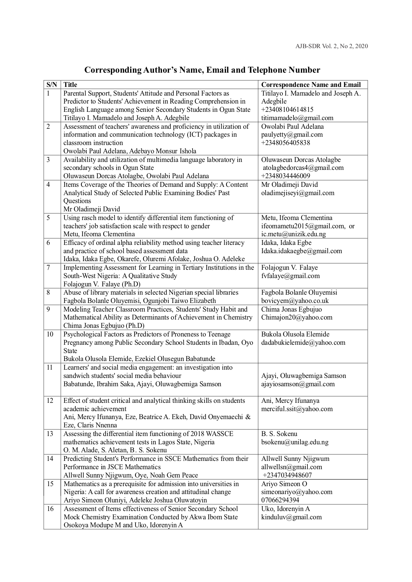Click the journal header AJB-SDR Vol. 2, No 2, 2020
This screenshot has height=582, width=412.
331,46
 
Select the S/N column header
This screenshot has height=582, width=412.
52,85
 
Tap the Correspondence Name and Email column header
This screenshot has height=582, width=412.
311,85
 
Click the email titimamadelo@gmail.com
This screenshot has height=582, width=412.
297,118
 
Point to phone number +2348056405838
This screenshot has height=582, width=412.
286,143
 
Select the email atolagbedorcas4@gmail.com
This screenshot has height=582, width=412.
303,168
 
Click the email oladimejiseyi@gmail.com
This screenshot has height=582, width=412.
297,193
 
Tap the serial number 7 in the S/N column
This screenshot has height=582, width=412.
48,267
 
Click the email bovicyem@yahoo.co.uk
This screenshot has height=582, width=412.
295,301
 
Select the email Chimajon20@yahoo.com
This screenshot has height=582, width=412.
296,317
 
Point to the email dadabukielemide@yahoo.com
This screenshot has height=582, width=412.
303,342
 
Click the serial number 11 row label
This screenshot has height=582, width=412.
50,367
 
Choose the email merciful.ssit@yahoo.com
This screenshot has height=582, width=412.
297,409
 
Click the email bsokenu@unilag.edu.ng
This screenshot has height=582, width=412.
295,442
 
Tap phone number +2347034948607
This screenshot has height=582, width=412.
287,475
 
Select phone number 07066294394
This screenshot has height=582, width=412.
280,500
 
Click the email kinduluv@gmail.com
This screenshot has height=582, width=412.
291,517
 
